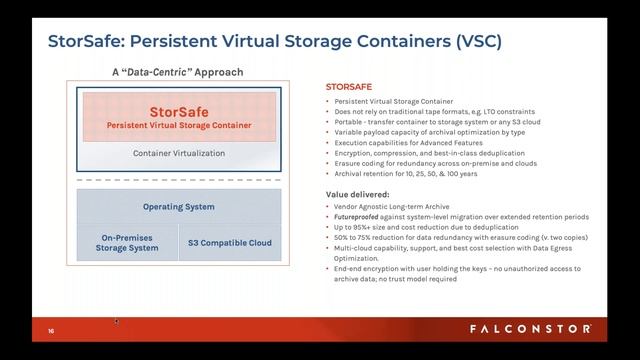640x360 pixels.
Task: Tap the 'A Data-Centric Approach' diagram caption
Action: [x=177, y=73]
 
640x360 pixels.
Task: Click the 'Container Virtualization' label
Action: [x=179, y=154]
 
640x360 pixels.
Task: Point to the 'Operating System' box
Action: [x=179, y=207]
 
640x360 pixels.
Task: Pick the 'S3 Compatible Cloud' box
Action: [x=229, y=242]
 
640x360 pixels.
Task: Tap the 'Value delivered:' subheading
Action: [x=358, y=194]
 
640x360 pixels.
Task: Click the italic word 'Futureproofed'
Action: [x=357, y=217]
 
